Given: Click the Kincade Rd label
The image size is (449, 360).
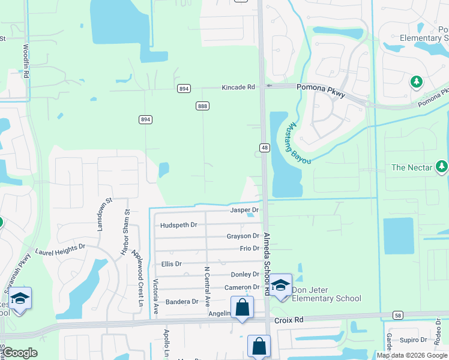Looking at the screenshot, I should click(238, 88).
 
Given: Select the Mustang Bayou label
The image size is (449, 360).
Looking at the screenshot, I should click(295, 137).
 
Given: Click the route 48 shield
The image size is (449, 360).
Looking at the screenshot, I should click(264, 148).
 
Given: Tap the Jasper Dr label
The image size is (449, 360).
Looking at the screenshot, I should click(244, 210).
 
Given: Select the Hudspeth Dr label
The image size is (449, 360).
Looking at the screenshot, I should click(179, 225).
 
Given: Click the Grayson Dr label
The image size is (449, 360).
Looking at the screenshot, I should click(243, 236).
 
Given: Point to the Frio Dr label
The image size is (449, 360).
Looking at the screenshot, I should click(249, 248).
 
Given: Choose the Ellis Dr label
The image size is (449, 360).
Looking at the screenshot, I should click(172, 263).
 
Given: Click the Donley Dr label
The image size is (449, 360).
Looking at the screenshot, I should click(244, 274).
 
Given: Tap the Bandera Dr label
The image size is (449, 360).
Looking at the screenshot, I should click(182, 301).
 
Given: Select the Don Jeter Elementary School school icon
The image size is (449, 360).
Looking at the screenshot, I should click(280, 285).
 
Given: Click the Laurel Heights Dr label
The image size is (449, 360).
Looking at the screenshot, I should click(60, 250).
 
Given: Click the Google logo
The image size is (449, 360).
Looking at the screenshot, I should click(20, 353).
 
